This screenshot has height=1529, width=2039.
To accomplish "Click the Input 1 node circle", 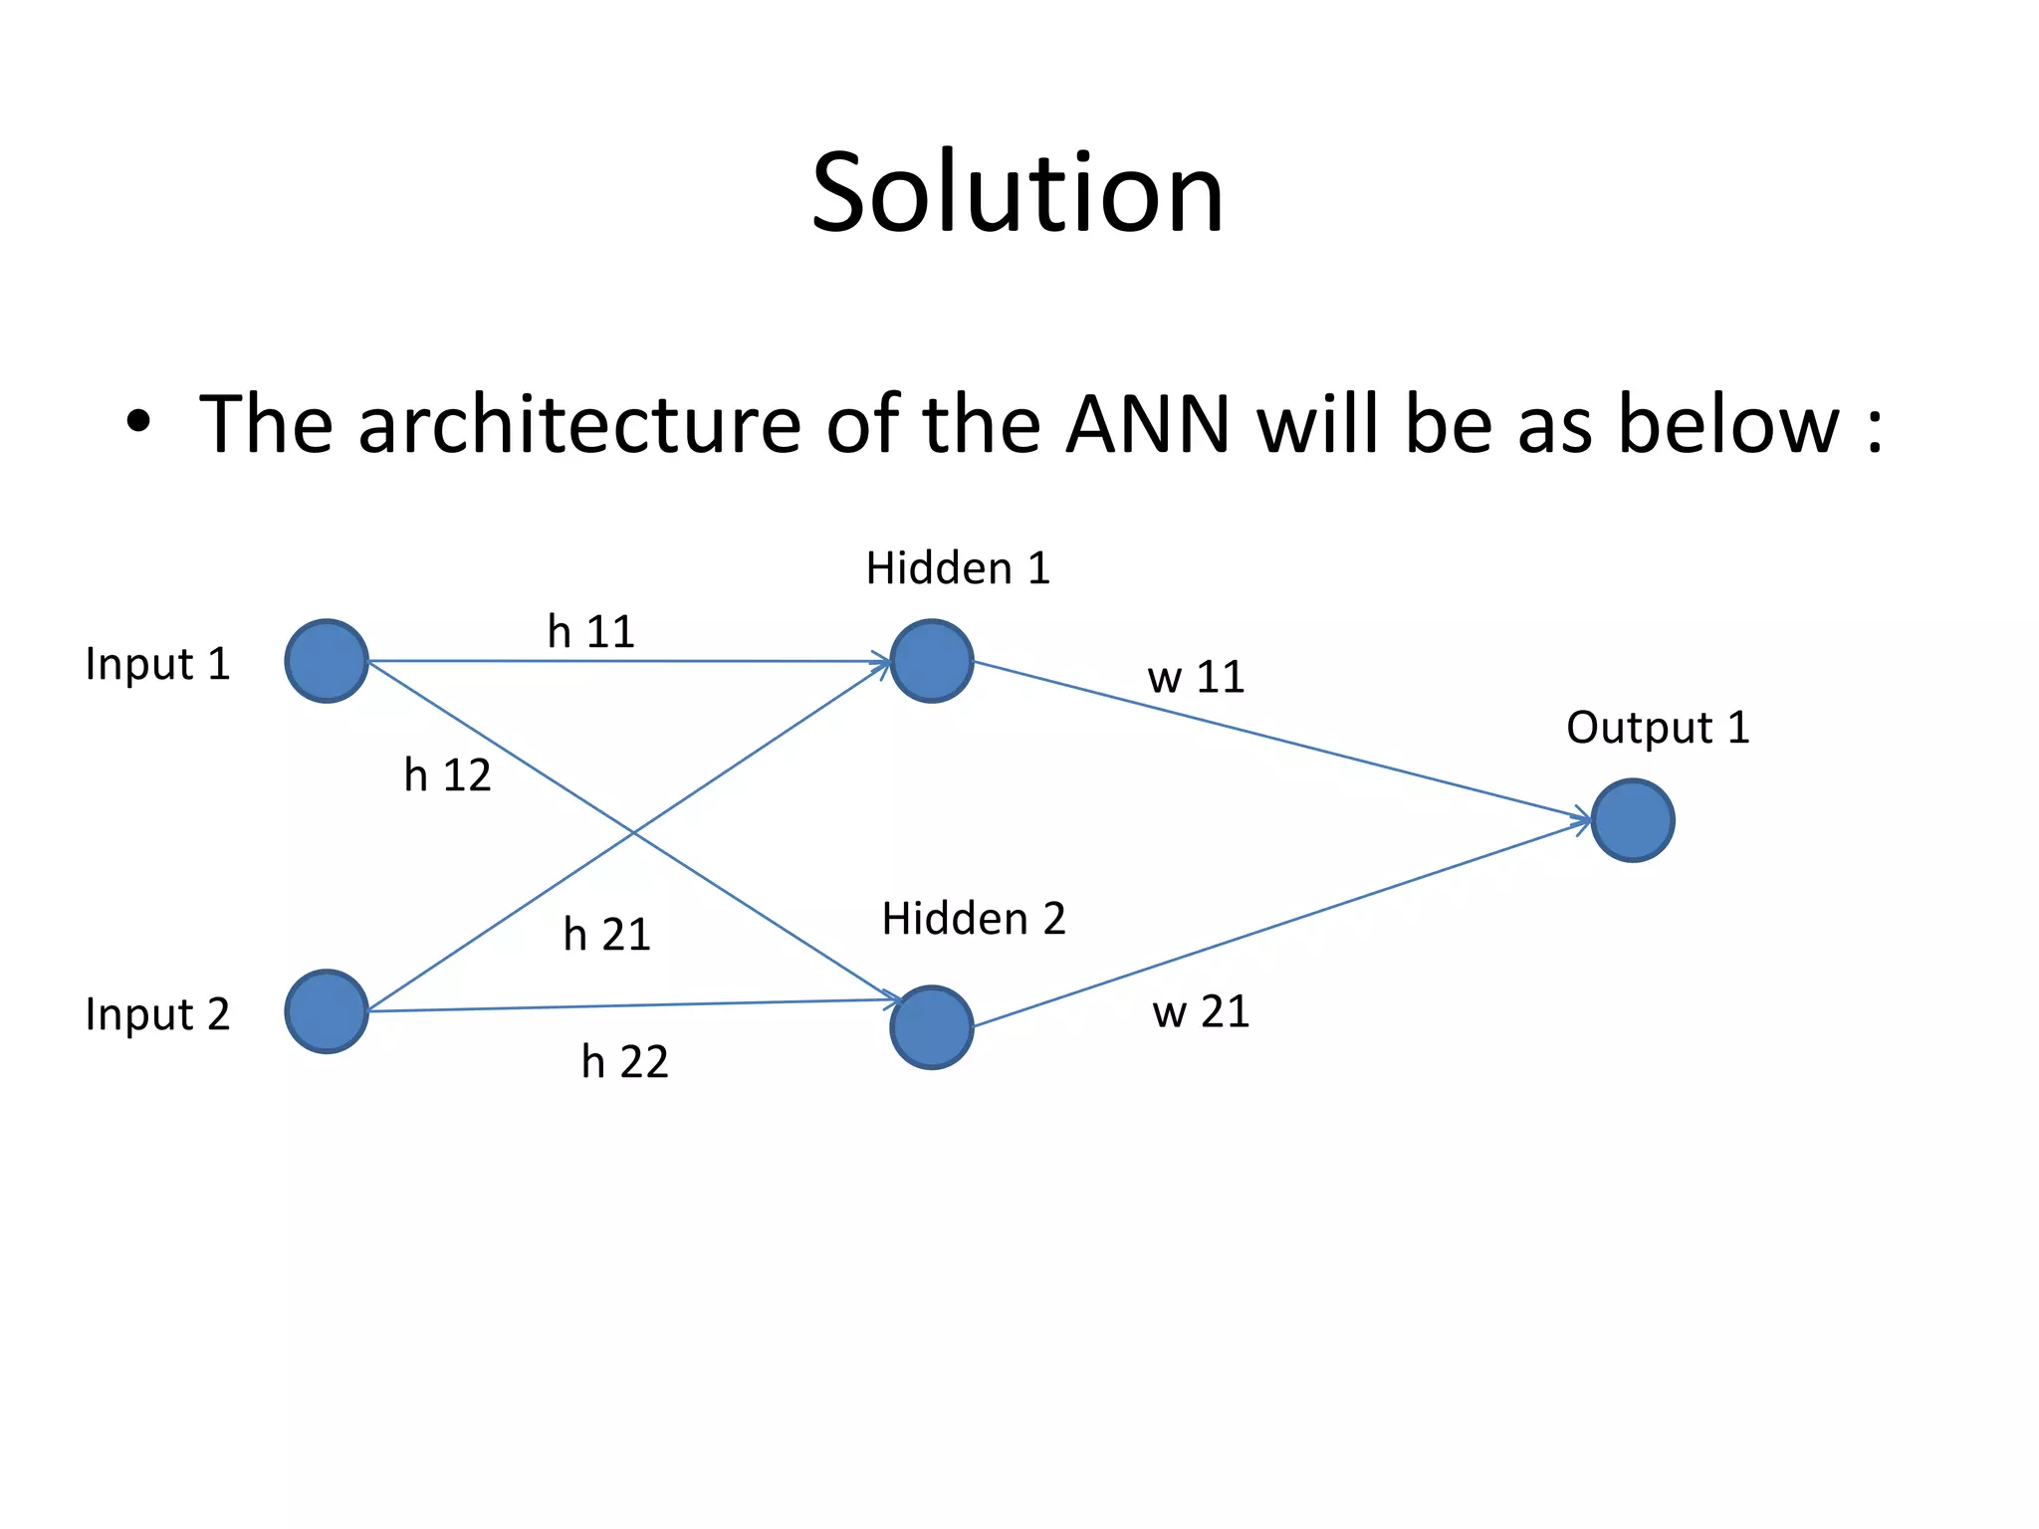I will pyautogui.click(x=327, y=661).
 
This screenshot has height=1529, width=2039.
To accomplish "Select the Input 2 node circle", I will pyautogui.click(x=327, y=1011).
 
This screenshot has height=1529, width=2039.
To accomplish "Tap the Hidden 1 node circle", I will pyautogui.click(x=932, y=661).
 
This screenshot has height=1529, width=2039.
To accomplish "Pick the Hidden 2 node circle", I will pyautogui.click(x=932, y=1027).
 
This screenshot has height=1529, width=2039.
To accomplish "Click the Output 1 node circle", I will pyautogui.click(x=1633, y=820).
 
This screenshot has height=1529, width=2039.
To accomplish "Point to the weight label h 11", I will pyautogui.click(x=591, y=632).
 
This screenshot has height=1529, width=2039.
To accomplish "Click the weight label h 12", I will pyautogui.click(x=447, y=775).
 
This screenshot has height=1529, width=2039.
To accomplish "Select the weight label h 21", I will pyautogui.click(x=606, y=935).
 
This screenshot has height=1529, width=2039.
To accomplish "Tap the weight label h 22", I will pyautogui.click(x=624, y=1062).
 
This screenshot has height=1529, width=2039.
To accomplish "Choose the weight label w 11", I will pyautogui.click(x=1196, y=678).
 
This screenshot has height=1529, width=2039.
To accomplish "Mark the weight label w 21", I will pyautogui.click(x=1201, y=1012).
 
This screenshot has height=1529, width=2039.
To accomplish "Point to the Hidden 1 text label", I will pyautogui.click(x=958, y=568).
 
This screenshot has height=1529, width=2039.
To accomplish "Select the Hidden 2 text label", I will pyautogui.click(x=974, y=919).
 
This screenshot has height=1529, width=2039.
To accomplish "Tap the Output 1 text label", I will pyautogui.click(x=1658, y=728).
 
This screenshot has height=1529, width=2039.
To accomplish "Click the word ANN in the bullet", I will pyautogui.click(x=1147, y=425).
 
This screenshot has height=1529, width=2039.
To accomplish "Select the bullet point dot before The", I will pyautogui.click(x=138, y=422).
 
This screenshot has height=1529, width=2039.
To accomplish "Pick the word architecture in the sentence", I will pyautogui.click(x=579, y=425).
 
